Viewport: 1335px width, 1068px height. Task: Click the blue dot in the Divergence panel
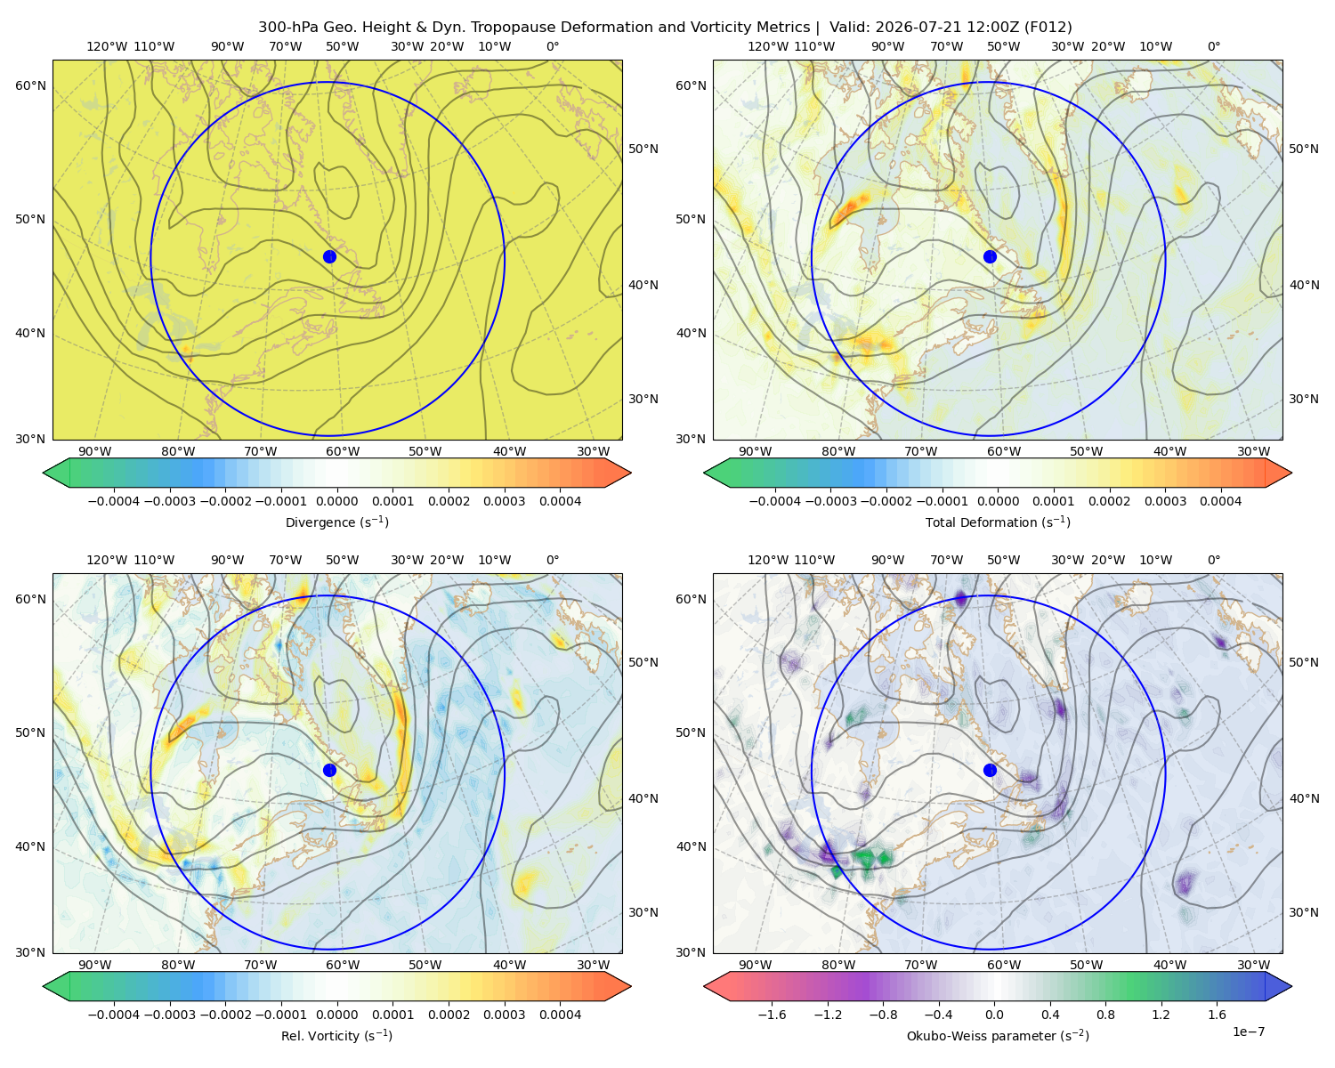pyautogui.click(x=329, y=256)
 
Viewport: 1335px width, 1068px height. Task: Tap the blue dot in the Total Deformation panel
pyautogui.click(x=990, y=256)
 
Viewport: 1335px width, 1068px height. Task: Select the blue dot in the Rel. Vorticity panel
pyautogui.click(x=329, y=770)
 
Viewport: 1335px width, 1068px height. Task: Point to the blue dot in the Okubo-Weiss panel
pyautogui.click(x=990, y=770)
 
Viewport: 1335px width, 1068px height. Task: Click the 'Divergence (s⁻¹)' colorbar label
pyautogui.click(x=336, y=522)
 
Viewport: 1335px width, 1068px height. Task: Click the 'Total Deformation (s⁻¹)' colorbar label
pyautogui.click(x=998, y=522)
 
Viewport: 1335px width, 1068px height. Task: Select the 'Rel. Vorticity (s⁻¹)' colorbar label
pyautogui.click(x=336, y=1036)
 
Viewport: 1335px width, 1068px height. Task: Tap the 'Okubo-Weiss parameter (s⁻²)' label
pyautogui.click(x=998, y=1036)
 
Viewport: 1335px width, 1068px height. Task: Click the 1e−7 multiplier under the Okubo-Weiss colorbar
pyautogui.click(x=1248, y=1032)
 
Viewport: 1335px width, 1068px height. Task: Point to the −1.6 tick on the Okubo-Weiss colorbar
pyautogui.click(x=772, y=1015)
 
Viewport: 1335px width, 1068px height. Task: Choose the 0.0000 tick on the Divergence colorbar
pyautogui.click(x=336, y=501)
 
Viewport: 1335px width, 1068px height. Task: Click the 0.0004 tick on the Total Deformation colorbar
pyautogui.click(x=1220, y=501)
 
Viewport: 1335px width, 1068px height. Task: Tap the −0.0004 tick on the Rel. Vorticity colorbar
pyautogui.click(x=114, y=1015)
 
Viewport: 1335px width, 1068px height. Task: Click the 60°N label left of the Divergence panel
pyautogui.click(x=30, y=85)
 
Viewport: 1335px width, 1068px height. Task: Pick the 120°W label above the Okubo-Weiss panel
pyautogui.click(x=767, y=560)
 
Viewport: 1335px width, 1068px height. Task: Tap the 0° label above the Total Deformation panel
pyautogui.click(x=1213, y=46)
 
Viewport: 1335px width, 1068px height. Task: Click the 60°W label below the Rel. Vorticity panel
pyautogui.click(x=343, y=965)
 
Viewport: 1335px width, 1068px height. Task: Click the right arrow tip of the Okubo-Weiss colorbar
pyautogui.click(x=1291, y=986)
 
